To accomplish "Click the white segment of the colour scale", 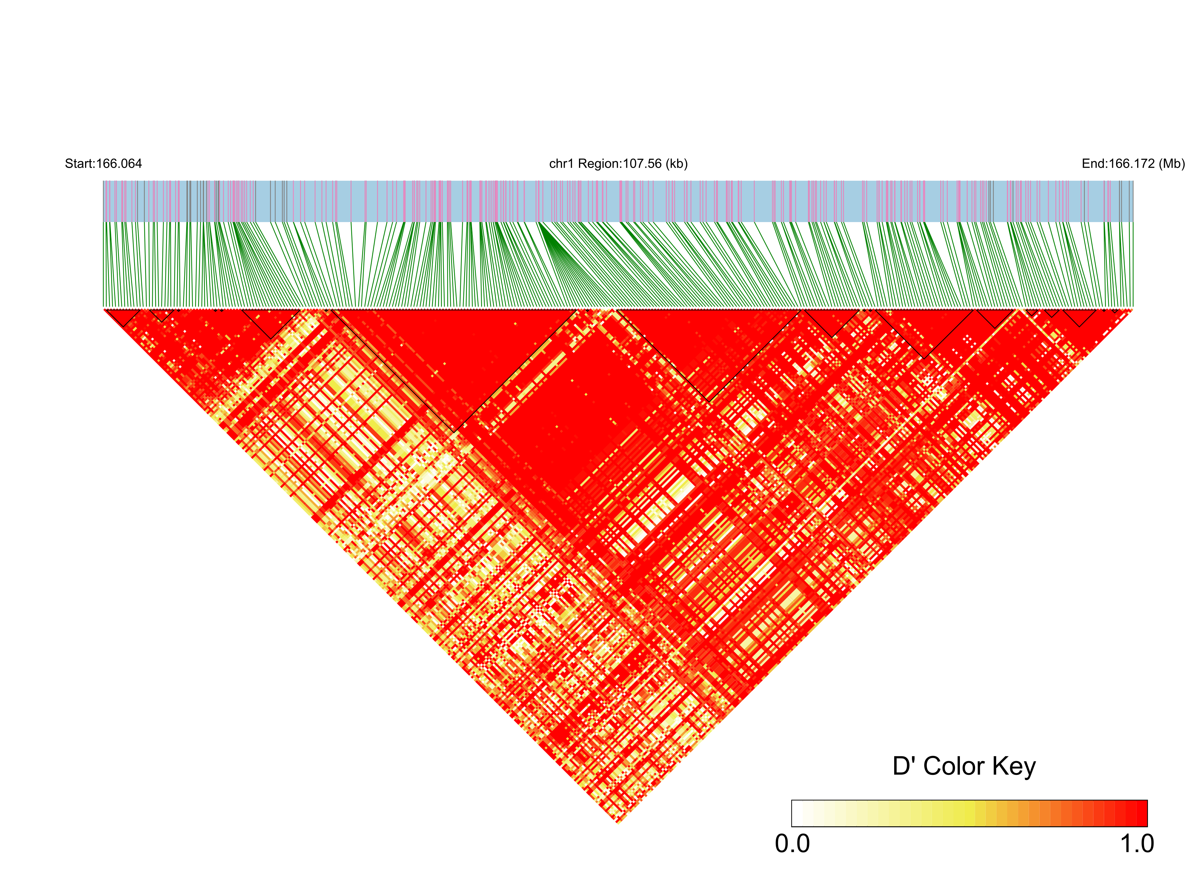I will tap(797, 813).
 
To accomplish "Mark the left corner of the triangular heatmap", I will tap(104, 309).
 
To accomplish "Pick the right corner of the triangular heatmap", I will tap(1133, 309).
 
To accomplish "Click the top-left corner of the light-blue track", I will tap(104, 181).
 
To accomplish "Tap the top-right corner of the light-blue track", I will tap(1133, 181).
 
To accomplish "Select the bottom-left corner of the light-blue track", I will tap(104, 222).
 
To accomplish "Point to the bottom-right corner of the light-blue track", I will tap(1133, 222).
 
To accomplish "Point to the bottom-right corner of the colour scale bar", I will tap(1147, 826).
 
